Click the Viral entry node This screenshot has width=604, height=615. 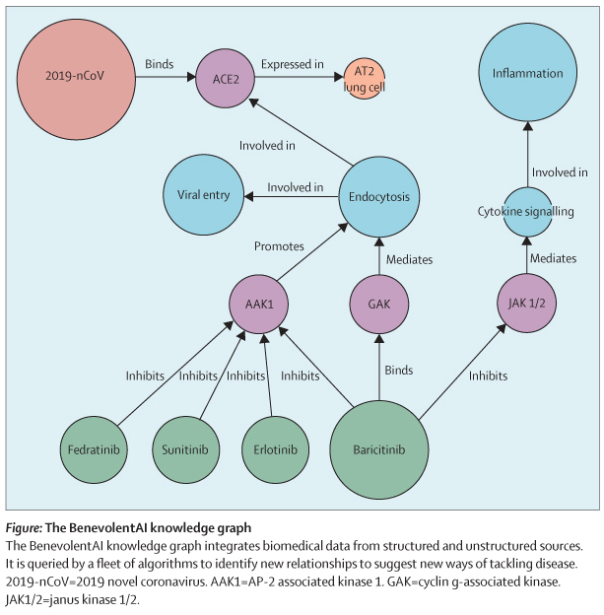click(x=203, y=194)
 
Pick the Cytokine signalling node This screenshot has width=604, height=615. click(x=525, y=212)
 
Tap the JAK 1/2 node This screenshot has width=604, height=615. click(x=525, y=301)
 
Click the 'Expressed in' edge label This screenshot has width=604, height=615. click(x=293, y=65)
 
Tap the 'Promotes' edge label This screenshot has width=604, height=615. click(x=280, y=245)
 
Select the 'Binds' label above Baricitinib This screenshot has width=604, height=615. click(x=398, y=372)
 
